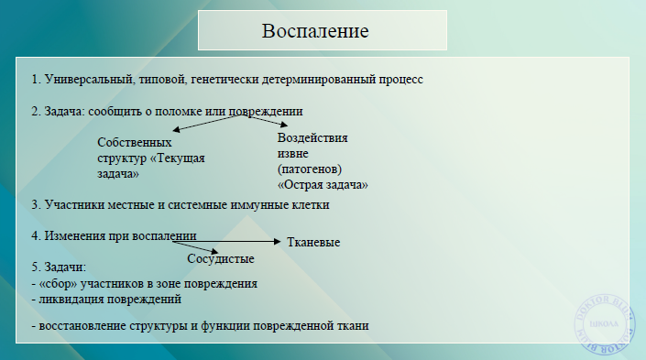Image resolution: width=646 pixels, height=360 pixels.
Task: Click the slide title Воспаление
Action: coord(315,31)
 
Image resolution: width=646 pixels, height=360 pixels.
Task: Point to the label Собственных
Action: coord(136,143)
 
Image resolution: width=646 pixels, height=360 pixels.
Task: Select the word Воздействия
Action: coord(312,138)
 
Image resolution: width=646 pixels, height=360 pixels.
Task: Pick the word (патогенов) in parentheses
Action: coord(309,169)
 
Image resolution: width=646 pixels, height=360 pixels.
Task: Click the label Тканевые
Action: coord(313,243)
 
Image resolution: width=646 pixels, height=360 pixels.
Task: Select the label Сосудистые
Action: coord(221,259)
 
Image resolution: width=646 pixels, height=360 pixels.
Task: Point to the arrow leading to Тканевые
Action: coord(238,241)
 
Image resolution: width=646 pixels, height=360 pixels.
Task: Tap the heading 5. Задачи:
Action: coord(59,267)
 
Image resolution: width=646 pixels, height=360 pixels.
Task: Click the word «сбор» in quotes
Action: coord(56,283)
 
